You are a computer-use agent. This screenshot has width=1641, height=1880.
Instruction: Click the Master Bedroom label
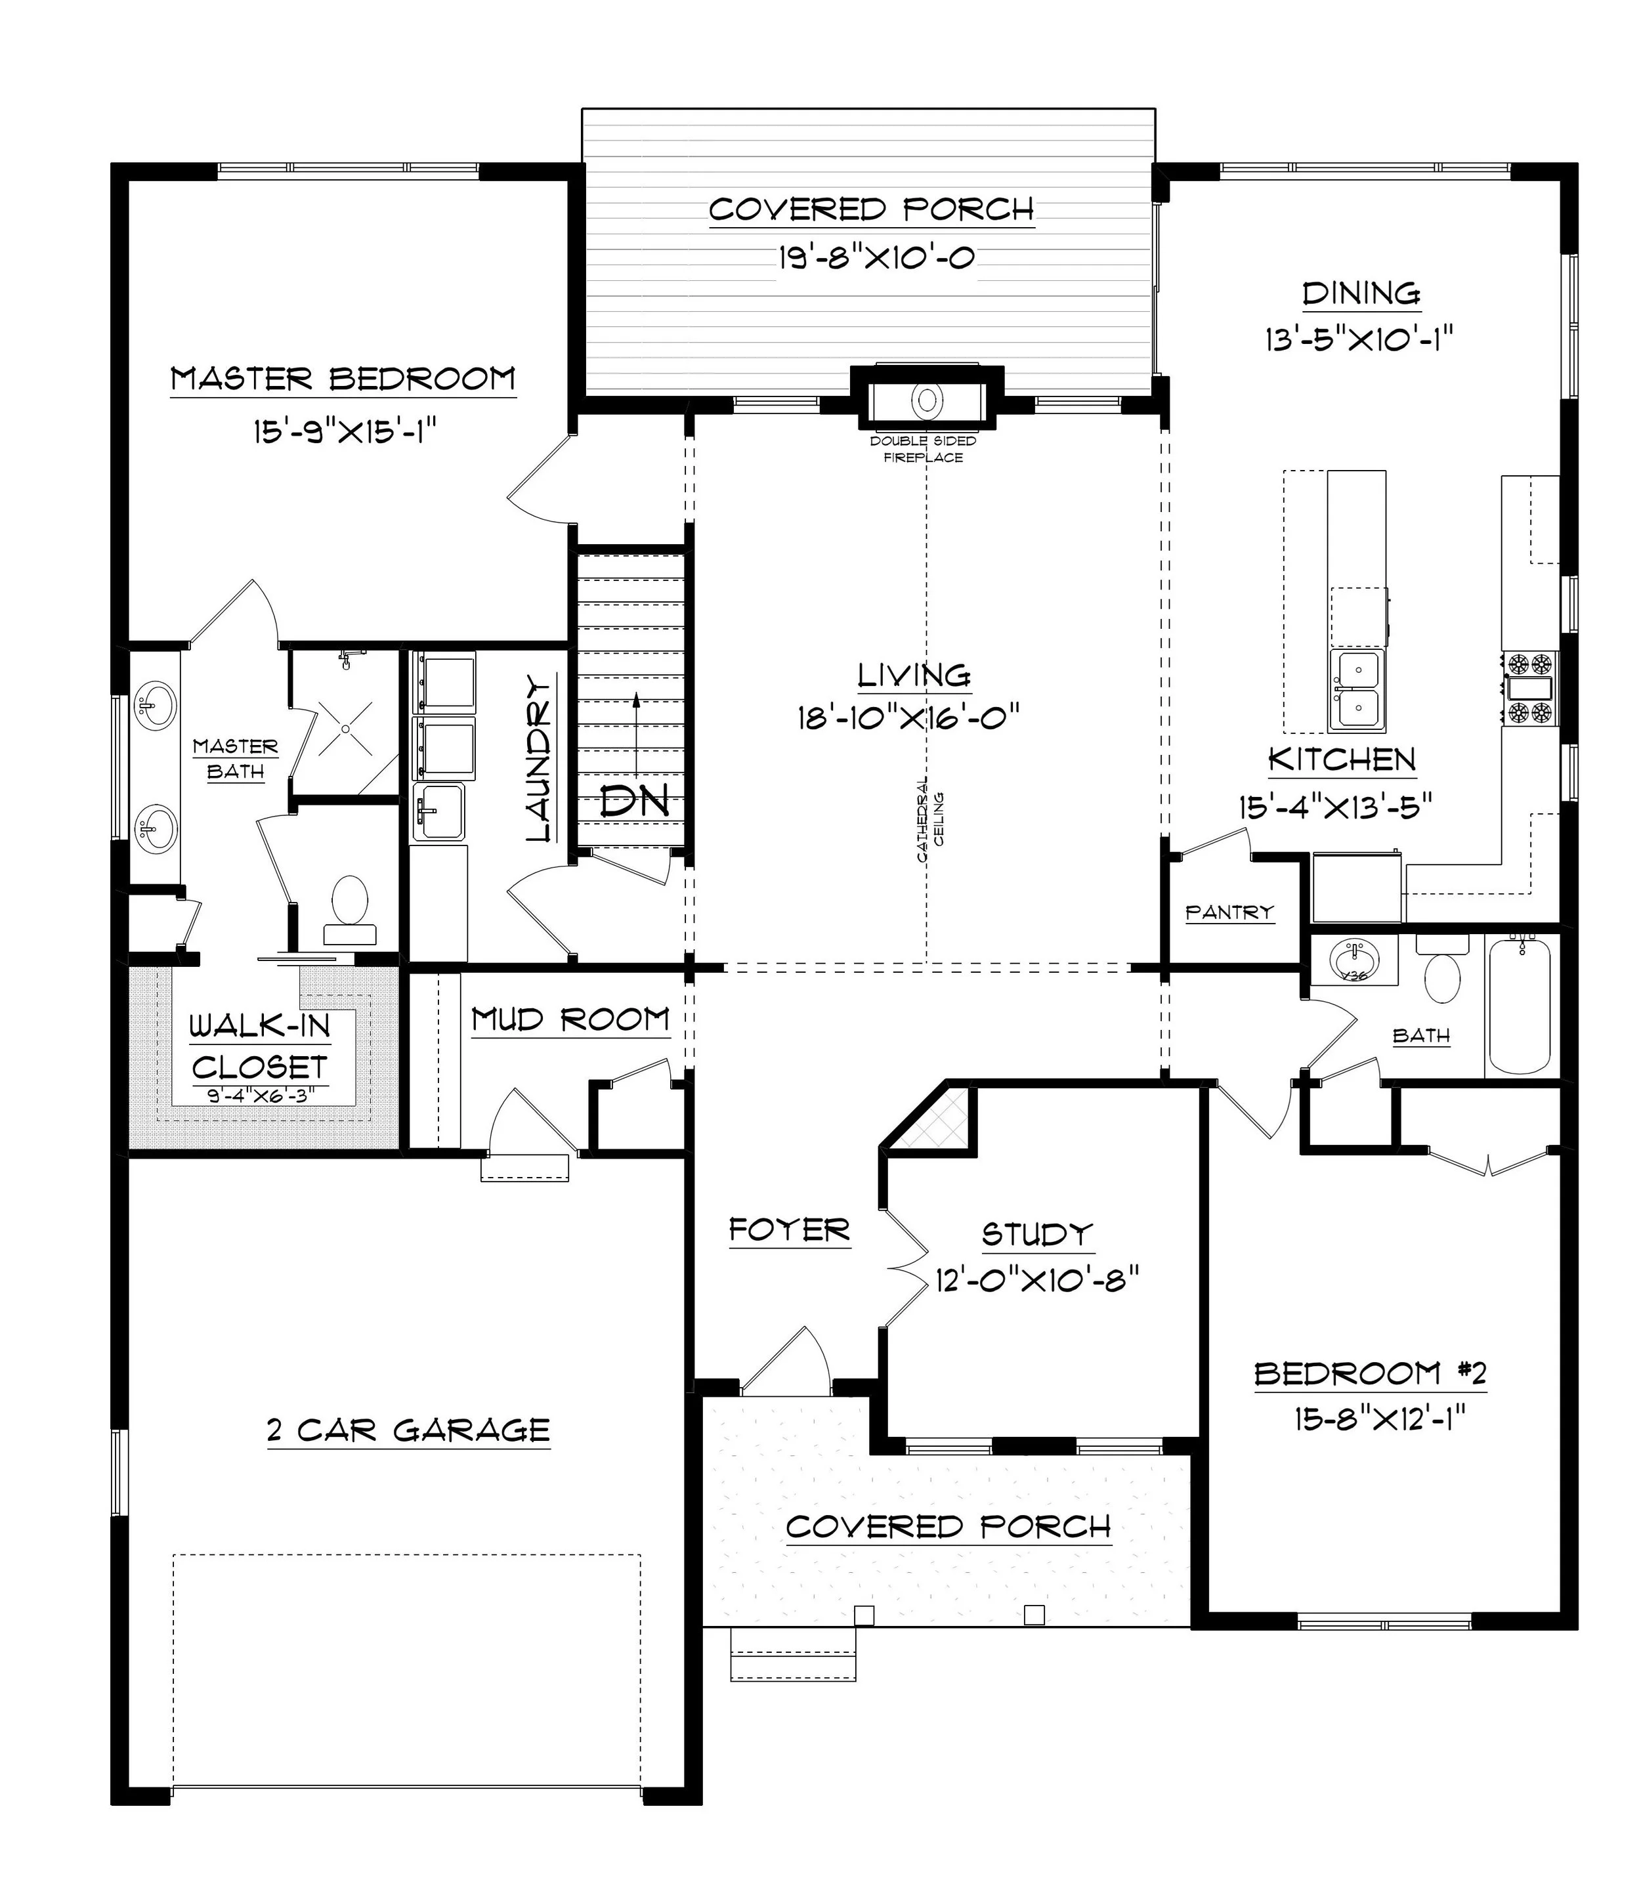(x=343, y=378)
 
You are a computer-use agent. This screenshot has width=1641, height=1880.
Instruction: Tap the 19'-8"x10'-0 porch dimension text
(x=876, y=257)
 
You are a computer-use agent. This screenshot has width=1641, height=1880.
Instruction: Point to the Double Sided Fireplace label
(x=923, y=449)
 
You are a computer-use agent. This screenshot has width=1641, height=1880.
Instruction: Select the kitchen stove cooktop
(x=1530, y=688)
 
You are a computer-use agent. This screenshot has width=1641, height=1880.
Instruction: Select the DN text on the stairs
(x=635, y=801)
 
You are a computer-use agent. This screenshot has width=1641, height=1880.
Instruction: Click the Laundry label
(x=540, y=758)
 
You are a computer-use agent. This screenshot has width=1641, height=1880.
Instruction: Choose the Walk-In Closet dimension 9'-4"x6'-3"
(x=260, y=1095)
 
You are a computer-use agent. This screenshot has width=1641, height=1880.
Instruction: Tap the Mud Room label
(x=570, y=1019)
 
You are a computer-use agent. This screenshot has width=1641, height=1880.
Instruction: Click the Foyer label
(x=790, y=1230)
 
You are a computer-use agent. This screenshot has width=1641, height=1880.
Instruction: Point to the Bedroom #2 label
(x=1370, y=1374)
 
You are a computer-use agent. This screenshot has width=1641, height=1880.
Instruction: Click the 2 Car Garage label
(x=408, y=1430)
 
